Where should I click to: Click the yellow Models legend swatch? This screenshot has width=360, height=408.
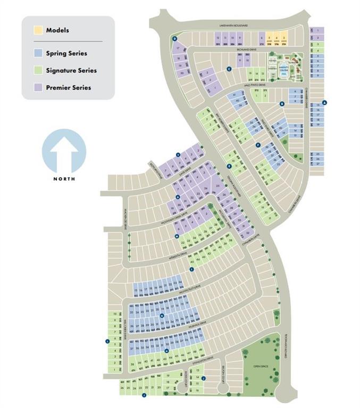pos(38,30)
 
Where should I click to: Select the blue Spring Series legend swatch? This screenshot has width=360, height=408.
pos(38,53)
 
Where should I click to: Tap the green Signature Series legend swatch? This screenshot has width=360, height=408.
pos(38,70)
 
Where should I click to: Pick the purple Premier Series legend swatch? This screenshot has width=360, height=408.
pos(38,87)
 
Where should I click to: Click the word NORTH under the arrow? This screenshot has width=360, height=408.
pos(64,179)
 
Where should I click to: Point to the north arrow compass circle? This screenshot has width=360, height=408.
pos(64,151)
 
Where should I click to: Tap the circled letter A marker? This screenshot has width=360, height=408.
pos(325,103)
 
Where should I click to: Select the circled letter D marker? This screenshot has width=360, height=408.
pos(174,38)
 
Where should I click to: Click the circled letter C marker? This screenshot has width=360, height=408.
pos(229,69)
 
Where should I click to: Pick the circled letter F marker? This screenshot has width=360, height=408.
pos(257,145)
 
